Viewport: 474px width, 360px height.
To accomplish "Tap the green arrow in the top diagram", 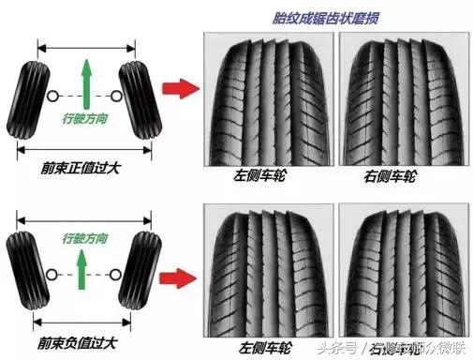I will (x=86, y=80).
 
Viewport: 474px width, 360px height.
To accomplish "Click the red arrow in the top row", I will (x=178, y=89).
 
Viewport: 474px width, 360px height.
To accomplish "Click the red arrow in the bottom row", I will (x=178, y=277).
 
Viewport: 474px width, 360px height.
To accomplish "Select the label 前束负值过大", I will (x=80, y=347).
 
